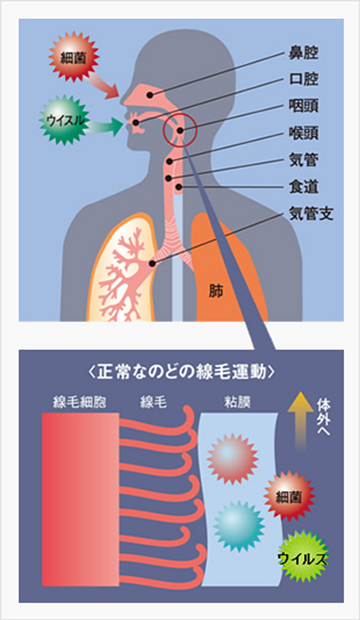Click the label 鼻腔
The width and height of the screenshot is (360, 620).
point(303,54)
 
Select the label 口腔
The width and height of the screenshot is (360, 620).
point(303,80)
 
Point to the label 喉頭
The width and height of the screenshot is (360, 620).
point(303,134)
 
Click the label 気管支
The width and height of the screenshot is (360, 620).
point(311,214)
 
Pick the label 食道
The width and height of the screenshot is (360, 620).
point(303,187)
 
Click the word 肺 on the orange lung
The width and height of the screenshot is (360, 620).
point(216,292)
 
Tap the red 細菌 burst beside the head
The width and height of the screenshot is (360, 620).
point(74,57)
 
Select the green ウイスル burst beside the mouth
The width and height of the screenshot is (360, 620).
point(65,120)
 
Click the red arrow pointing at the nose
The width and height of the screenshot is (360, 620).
point(103,85)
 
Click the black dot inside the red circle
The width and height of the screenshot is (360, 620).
point(180,130)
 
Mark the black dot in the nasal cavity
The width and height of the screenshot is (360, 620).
point(150,95)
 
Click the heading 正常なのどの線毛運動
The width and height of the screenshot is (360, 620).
point(181,373)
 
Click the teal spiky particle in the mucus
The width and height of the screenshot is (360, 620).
point(239,527)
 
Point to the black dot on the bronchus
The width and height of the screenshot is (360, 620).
point(152,263)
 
